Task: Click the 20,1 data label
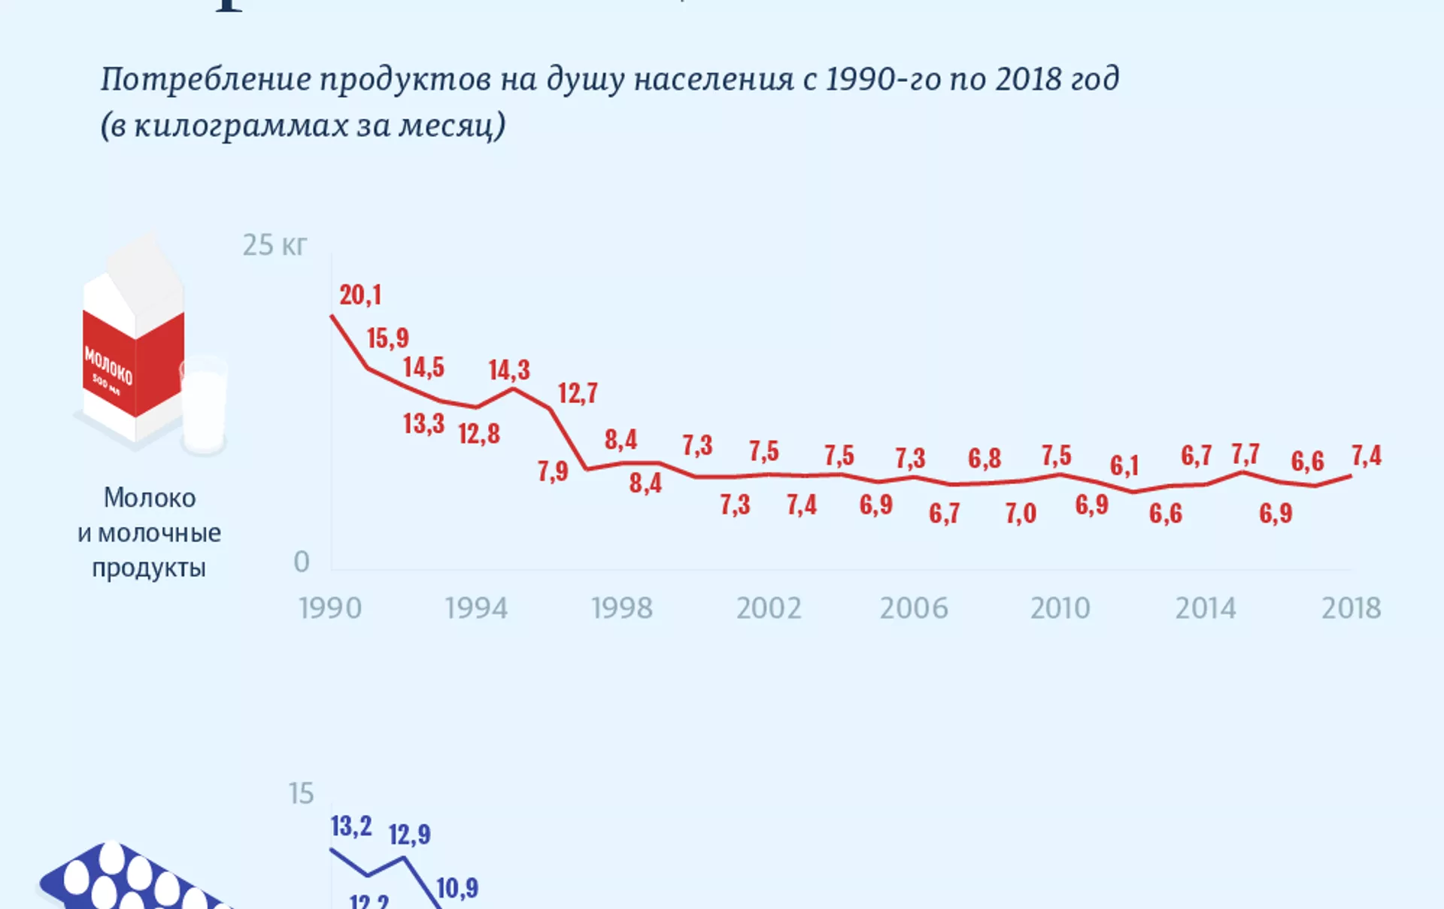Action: coord(360,295)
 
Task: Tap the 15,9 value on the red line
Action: coord(388,338)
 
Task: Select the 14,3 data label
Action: coord(509,370)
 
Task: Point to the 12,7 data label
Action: coord(578,393)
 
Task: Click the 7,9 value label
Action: coord(553,471)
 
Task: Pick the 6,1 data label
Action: coord(1124,466)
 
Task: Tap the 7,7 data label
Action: coord(1245,455)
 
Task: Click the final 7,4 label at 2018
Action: coord(1367,456)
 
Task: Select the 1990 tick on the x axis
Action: coord(330,608)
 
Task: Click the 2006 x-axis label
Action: coord(914,608)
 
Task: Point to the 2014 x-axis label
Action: coord(1206,608)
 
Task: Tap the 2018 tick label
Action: coord(1351,608)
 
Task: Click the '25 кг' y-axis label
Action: coord(275,245)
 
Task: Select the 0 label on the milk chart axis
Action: coord(302,562)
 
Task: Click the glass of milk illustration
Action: coord(204,406)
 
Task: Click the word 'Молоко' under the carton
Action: coord(150,498)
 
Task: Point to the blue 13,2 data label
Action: coord(351,826)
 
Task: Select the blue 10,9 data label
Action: coord(457,888)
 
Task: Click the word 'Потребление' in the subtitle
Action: coord(206,79)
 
